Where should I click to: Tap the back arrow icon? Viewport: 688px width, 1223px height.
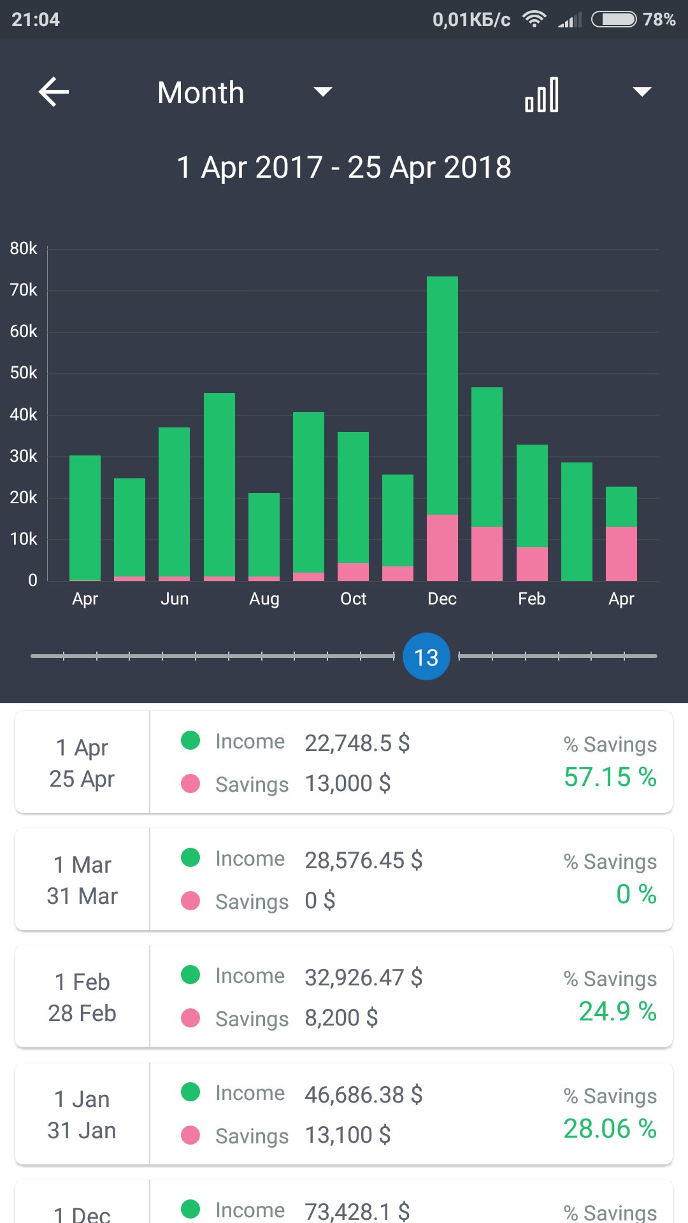click(54, 92)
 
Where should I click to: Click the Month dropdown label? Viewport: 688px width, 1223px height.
click(201, 93)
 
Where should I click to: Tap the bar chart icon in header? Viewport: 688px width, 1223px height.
click(541, 94)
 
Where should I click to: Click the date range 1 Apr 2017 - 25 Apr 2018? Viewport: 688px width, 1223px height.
click(344, 168)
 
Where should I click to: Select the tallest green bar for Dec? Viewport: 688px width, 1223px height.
click(442, 395)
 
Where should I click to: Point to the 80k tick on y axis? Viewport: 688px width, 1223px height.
click(24, 248)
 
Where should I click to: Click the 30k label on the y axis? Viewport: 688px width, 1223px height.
click(24, 456)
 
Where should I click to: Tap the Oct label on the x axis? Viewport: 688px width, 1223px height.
click(353, 599)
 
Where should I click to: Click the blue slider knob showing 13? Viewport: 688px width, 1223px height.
click(426, 657)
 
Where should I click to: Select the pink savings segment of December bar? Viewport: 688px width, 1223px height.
click(442, 548)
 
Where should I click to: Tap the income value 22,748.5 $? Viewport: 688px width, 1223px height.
click(357, 743)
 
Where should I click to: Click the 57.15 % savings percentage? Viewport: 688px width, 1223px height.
click(610, 777)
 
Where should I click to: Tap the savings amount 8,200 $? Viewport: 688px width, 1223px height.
click(341, 1018)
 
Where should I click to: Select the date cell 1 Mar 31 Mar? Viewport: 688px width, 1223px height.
click(82, 880)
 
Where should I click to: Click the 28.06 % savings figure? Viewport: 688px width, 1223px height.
click(610, 1129)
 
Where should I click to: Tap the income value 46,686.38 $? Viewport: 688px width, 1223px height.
click(363, 1094)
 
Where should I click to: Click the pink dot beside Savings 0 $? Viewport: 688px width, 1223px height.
click(190, 901)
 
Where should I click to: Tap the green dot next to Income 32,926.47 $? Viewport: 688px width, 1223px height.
click(190, 975)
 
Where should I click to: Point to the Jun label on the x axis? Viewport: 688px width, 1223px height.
click(175, 599)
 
